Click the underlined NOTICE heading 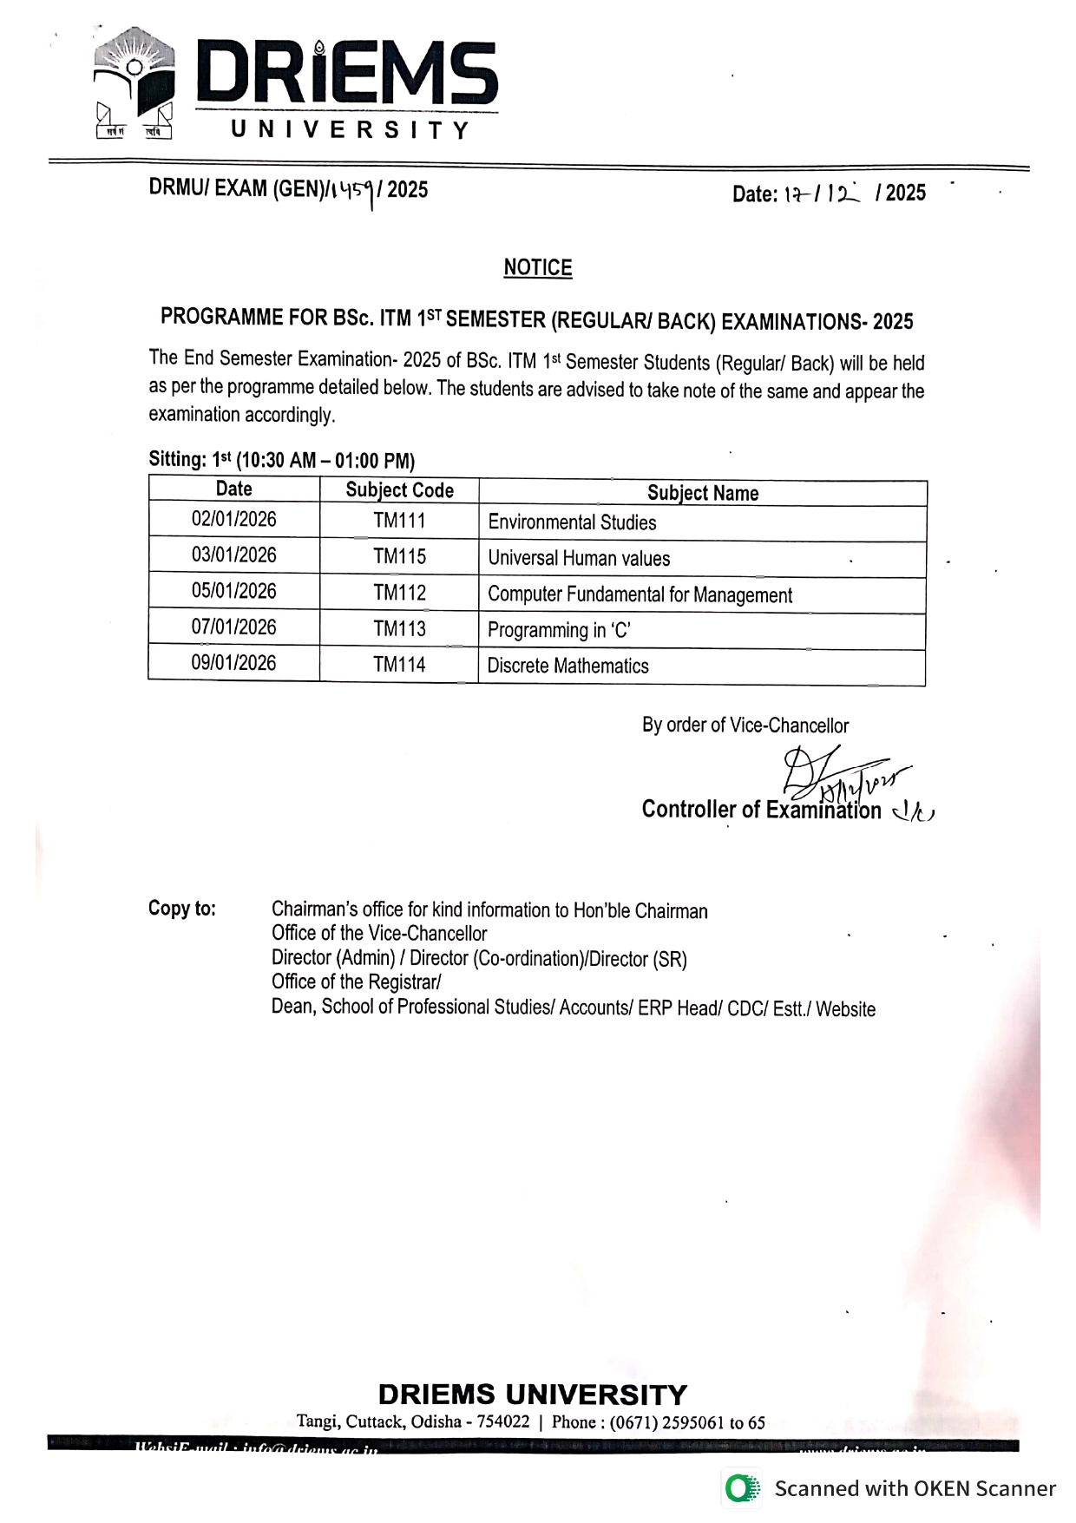(537, 267)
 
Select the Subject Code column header (399, 490)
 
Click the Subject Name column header (702, 493)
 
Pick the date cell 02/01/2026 (234, 520)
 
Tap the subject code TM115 (399, 556)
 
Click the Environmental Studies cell (572, 522)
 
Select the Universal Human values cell (579, 558)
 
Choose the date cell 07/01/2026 (234, 627)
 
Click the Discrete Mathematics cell (568, 666)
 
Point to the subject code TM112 (399, 593)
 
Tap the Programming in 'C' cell (559, 630)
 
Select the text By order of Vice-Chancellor (745, 725)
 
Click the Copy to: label (182, 909)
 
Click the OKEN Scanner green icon (743, 1488)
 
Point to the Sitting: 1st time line (282, 460)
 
